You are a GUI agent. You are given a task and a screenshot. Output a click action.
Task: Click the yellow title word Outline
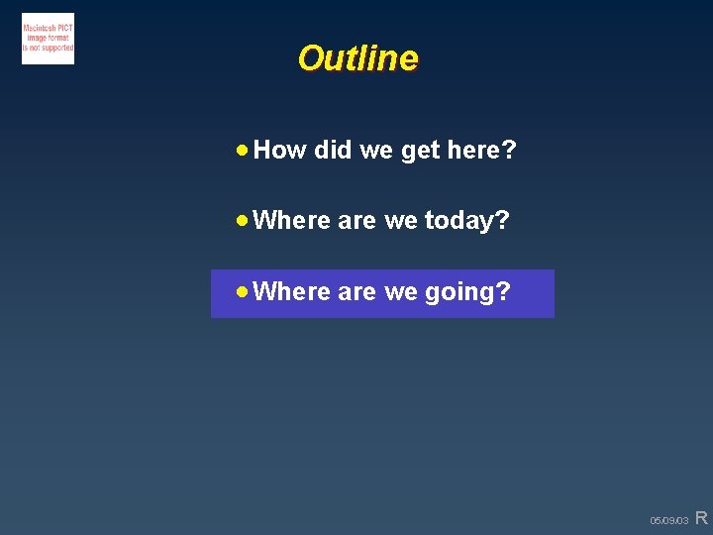coord(357,58)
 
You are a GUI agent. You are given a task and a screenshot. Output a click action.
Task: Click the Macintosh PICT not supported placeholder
coord(48,39)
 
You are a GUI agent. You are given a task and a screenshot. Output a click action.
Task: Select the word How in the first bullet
coord(280,151)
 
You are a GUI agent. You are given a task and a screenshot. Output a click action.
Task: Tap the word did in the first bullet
coord(333,151)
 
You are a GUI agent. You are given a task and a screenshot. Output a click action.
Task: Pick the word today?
coord(466,221)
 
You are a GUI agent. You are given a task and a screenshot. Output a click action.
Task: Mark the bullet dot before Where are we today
coord(243,221)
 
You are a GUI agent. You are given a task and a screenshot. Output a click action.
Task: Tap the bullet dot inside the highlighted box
coord(243,292)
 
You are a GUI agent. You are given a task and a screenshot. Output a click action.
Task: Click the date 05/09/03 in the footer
coord(668,520)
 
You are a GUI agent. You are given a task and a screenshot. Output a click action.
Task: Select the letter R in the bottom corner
coord(701,517)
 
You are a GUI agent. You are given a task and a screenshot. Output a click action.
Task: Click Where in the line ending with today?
coord(292,221)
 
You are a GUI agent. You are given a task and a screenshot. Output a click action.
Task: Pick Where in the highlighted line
coord(292,292)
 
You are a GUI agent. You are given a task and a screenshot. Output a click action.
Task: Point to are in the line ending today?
coord(356,221)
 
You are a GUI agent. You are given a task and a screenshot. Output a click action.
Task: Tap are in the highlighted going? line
coord(356,292)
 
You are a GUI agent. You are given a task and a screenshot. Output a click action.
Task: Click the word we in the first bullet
coord(376,151)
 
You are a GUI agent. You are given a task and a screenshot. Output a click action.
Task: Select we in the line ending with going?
coord(401,292)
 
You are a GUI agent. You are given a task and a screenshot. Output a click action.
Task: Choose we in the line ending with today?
coord(401,221)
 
